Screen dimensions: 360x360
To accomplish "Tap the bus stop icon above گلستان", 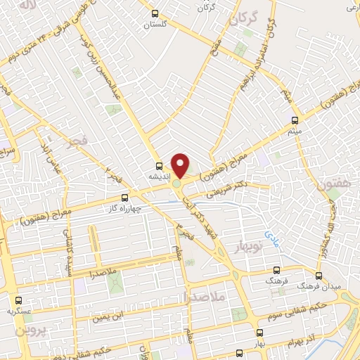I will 155,13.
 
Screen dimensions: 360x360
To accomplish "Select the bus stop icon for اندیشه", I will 159,167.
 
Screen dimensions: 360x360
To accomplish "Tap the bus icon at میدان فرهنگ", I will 319,276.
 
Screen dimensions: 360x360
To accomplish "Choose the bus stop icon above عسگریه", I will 19,300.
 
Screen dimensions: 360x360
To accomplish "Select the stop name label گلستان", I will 157,25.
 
